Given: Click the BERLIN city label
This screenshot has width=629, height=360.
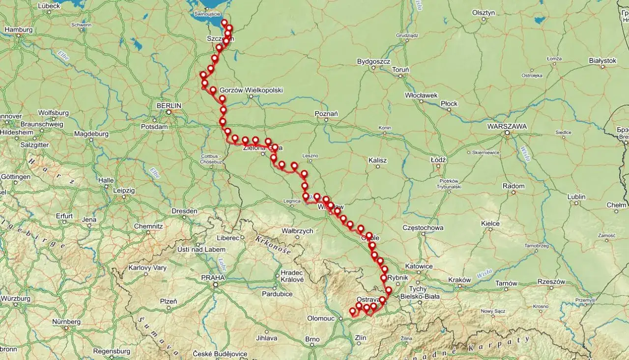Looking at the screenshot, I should [x=169, y=105].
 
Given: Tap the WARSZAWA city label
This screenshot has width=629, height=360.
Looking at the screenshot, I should [x=507, y=126].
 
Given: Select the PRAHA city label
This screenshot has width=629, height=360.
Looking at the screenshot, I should [x=213, y=277].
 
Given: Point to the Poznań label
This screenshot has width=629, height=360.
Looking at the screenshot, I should [x=326, y=114].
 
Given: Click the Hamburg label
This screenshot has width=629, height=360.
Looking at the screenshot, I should [x=18, y=29].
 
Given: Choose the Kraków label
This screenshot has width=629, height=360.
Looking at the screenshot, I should [x=459, y=280].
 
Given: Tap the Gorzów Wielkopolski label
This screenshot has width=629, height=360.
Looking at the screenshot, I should [x=251, y=90].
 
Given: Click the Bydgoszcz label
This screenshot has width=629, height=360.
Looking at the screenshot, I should [x=373, y=62].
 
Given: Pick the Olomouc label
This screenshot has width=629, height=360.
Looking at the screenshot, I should [x=320, y=318].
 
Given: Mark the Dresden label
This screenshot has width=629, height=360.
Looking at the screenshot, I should [x=184, y=211].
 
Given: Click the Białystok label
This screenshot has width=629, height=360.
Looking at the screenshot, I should [x=602, y=60].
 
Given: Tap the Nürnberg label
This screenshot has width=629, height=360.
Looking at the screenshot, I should [x=67, y=322].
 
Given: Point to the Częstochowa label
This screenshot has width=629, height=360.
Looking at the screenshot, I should [x=423, y=228].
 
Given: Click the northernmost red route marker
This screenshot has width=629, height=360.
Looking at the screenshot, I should [x=224, y=23].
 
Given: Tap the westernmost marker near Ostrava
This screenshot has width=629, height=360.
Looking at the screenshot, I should [x=352, y=311].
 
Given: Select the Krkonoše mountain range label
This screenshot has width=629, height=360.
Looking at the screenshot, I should [x=273, y=245].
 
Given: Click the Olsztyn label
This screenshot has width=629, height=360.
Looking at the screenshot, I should [x=483, y=13].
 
